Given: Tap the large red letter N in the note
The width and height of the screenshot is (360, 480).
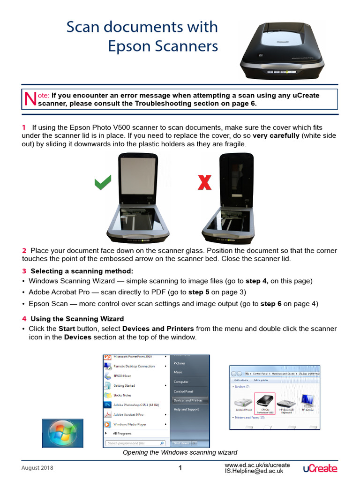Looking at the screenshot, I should point(30,98).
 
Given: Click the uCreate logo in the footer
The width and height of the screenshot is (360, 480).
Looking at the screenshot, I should point(320,468).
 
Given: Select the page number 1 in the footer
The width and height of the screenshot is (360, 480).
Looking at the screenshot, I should point(180,468).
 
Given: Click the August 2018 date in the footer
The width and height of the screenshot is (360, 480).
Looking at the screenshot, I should point(37,468).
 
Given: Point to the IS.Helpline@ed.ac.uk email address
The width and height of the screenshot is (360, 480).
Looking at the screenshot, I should point(254,471).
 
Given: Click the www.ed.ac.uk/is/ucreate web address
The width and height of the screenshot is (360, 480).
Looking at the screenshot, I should point(257,465).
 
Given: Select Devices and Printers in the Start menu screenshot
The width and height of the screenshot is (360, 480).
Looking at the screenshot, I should point(188,400).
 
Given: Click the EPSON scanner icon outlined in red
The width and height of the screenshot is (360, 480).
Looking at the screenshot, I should point(265,403).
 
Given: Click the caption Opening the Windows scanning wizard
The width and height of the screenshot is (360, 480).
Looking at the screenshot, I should point(180,452).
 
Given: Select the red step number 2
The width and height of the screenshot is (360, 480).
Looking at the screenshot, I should point(24,251).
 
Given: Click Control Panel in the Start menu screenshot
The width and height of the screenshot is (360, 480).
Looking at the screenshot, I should point(183,391).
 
